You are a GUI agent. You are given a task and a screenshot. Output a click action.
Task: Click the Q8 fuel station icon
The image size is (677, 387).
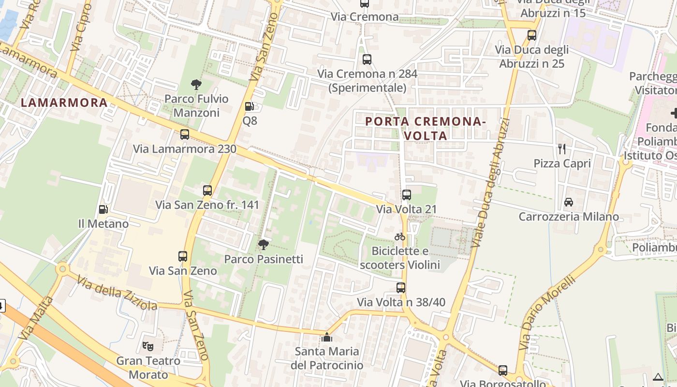[249, 106]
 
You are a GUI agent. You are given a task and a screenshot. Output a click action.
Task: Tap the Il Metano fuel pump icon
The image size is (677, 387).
[103, 209]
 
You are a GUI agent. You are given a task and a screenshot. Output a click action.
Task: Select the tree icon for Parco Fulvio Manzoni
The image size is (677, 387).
[196, 85]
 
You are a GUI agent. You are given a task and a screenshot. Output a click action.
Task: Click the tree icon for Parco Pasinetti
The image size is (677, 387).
[263, 245]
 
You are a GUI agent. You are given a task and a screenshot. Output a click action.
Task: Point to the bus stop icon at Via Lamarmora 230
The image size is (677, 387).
[184, 134]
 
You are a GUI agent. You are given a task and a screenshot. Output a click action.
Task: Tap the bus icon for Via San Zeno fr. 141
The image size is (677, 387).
[207, 191]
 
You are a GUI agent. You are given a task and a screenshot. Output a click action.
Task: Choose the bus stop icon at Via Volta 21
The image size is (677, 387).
[407, 195]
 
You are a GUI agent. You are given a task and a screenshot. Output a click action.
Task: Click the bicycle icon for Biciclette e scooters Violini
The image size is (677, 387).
[400, 237]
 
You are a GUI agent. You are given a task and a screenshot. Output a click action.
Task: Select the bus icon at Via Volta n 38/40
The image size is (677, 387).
[401, 288]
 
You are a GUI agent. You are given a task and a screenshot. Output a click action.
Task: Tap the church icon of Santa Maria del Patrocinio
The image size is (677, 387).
[327, 337]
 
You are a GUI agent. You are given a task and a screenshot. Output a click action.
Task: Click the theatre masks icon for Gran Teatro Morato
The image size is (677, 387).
[148, 346]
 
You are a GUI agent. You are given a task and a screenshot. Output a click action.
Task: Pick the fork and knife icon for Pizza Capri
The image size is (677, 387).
[562, 149]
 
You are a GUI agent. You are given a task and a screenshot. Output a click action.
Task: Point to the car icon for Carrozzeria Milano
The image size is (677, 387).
[569, 202]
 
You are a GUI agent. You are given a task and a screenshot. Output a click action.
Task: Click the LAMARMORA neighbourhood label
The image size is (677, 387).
[64, 103]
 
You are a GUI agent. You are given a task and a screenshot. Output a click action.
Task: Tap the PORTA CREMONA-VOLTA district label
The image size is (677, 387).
[426, 128]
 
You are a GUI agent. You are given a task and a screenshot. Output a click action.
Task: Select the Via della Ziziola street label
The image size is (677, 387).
[117, 293]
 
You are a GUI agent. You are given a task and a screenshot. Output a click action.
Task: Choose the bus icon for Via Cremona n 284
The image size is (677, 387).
[367, 60]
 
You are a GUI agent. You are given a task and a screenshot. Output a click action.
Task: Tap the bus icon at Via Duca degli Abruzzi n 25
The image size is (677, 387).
[532, 35]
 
